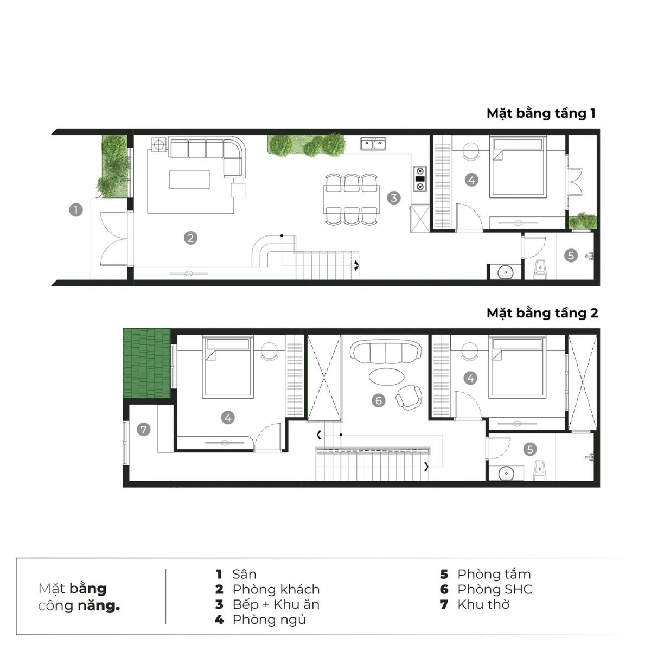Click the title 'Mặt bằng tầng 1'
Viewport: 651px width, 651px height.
point(541,113)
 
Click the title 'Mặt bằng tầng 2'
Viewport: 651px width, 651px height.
point(542,313)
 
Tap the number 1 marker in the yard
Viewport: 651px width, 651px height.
point(76,209)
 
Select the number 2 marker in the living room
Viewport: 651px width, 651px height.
point(190,238)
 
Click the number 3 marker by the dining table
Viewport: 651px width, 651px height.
point(394,197)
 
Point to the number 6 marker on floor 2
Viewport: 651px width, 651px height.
point(379,400)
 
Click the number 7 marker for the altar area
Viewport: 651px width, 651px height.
point(143,430)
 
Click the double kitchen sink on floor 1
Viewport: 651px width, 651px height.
point(374,144)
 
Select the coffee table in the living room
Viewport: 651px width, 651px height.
point(189,179)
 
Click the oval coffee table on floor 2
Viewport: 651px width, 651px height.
point(386,375)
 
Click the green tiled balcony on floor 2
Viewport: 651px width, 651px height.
point(146,363)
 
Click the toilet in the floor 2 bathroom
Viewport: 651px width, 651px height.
point(540,470)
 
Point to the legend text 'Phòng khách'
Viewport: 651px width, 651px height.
point(276,589)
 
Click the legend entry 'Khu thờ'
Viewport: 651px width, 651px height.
point(483,604)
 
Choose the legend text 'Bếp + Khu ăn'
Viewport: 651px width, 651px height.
point(276,604)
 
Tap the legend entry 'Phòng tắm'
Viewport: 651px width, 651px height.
point(494,574)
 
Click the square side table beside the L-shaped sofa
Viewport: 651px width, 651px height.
point(238,190)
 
